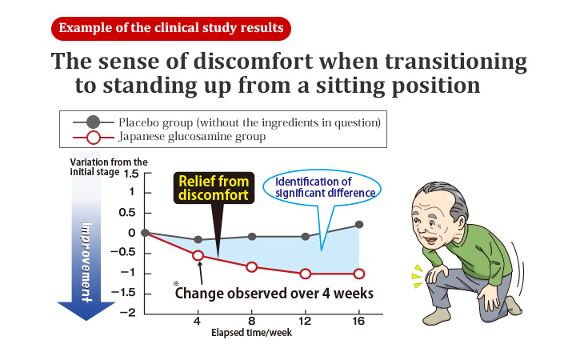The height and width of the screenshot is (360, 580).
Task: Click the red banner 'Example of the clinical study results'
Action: (x=171, y=29)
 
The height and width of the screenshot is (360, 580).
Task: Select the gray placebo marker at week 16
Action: (x=359, y=225)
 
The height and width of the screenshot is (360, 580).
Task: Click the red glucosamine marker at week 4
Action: (x=198, y=255)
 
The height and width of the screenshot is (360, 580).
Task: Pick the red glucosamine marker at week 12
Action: (x=305, y=274)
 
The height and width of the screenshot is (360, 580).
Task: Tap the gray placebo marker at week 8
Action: (x=252, y=237)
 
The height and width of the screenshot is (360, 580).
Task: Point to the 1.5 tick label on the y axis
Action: (x=131, y=174)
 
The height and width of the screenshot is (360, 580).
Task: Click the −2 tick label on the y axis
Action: (x=127, y=313)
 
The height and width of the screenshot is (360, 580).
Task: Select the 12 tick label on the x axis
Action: (x=305, y=321)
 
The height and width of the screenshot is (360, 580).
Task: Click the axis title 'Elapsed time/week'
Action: (x=251, y=333)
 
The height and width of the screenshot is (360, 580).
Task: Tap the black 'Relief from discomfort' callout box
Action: (x=214, y=188)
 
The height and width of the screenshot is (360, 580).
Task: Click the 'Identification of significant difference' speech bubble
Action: (x=322, y=187)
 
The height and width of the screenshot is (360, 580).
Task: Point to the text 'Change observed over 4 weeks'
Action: (x=274, y=294)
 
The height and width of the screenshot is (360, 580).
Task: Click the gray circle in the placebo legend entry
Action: (x=94, y=122)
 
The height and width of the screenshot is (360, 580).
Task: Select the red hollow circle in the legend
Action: (x=94, y=138)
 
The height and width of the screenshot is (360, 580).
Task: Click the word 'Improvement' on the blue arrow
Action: (x=86, y=262)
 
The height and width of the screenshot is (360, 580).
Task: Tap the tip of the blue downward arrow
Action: (x=86, y=320)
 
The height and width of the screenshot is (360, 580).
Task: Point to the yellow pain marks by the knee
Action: (x=418, y=276)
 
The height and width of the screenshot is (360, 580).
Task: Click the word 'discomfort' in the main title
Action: (x=254, y=62)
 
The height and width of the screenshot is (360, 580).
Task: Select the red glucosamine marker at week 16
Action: (x=359, y=274)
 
